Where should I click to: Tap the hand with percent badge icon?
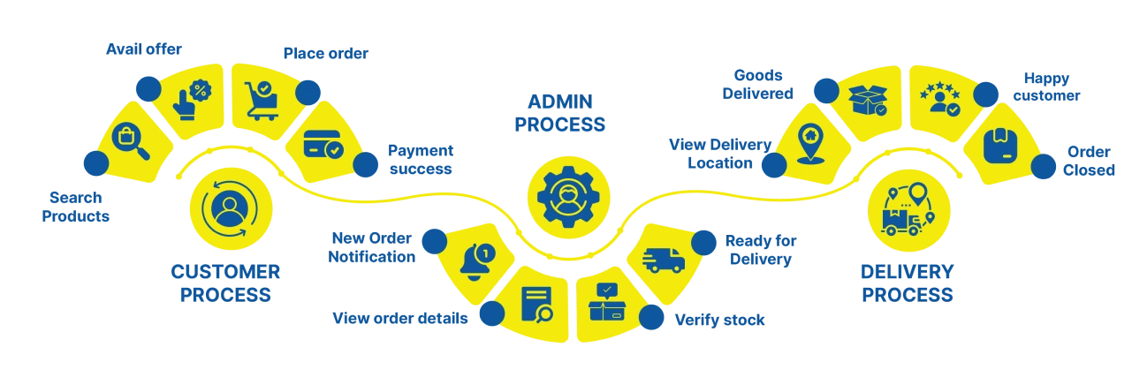190,96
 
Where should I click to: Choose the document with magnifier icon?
536,304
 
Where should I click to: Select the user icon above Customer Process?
227,208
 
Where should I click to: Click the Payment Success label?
421,159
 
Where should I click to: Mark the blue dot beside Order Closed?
1043,165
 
